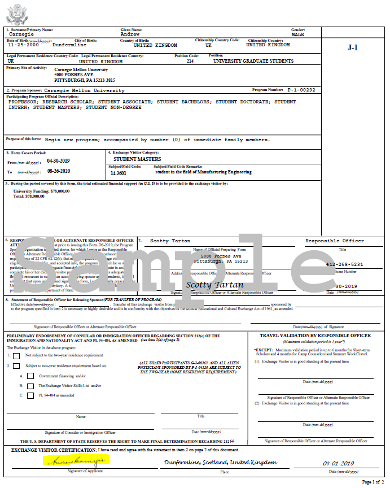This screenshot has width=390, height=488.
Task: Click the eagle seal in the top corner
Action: tap(16, 14)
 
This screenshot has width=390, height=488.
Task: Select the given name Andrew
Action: tap(130, 34)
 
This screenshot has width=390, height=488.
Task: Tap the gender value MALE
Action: tap(298, 34)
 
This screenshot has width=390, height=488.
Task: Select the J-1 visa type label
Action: tap(353, 48)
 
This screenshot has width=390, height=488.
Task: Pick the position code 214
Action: tap(190, 61)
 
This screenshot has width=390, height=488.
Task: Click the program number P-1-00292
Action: tap(301, 90)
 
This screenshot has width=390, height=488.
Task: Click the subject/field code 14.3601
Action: tap(119, 173)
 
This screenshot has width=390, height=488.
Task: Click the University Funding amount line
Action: tap(41, 191)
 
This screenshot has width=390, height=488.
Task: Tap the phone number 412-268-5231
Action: tap(345, 264)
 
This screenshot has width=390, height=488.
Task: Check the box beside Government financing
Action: tap(30, 376)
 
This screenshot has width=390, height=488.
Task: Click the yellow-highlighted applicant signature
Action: tap(76, 460)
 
